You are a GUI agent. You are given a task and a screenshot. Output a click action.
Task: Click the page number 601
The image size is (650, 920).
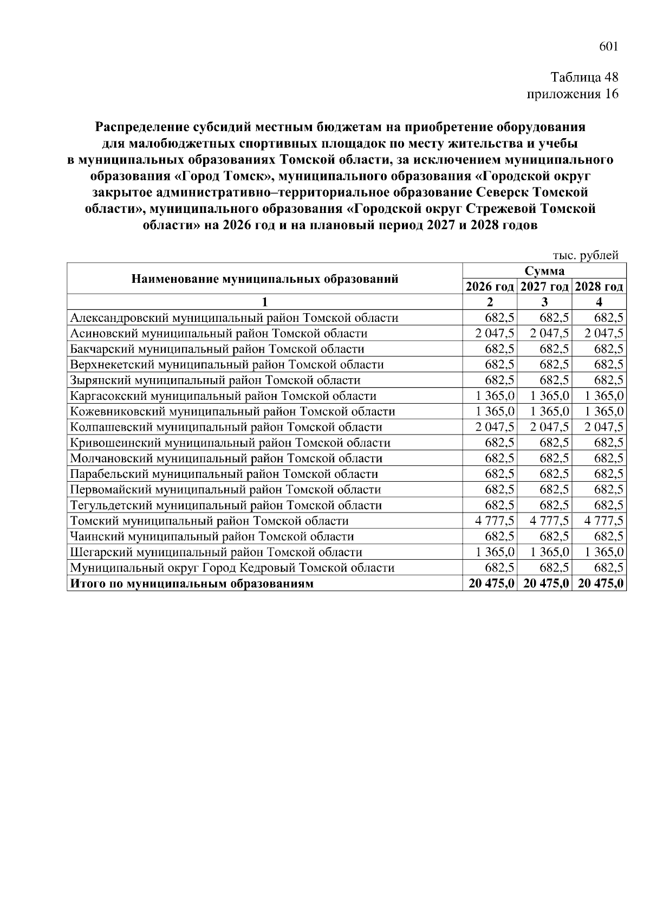608,47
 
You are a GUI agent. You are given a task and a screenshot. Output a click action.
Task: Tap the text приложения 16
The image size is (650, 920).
573,94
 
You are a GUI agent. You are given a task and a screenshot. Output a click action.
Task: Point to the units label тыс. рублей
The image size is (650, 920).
585,256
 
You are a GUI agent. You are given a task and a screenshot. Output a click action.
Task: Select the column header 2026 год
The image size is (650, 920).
490,287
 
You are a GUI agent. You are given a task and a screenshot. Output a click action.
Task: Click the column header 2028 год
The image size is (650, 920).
599,287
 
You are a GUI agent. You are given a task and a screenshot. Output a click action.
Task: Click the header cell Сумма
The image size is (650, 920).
544,271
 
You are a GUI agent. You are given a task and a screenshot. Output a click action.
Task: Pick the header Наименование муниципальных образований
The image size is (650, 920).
265,279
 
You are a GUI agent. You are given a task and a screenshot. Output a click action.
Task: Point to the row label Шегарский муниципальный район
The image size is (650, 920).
216,552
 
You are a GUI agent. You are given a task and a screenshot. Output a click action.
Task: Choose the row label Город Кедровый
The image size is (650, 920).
232,568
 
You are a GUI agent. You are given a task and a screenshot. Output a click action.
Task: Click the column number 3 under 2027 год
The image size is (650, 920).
544,302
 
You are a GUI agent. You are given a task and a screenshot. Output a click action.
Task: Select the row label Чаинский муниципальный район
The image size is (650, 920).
212,536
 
